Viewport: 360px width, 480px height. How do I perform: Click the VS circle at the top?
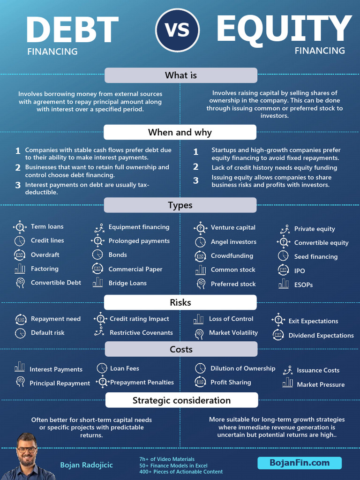click(178, 30)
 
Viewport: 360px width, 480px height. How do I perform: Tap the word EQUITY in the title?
click(284, 28)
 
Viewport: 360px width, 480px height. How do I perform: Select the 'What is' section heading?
click(180, 75)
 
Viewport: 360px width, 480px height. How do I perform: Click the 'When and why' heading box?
click(180, 132)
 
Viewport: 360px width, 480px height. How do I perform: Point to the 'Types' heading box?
click(180, 205)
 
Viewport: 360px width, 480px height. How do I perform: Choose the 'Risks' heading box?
click(180, 302)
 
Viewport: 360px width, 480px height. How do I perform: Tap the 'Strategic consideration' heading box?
click(181, 400)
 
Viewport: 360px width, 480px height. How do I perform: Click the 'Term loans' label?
click(47, 226)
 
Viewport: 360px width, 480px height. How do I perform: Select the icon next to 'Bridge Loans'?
click(97, 282)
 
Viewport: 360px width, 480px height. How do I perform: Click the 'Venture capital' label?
click(233, 227)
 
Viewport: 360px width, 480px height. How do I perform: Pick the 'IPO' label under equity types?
click(300, 270)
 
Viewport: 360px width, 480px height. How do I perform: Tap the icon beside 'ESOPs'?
click(284, 284)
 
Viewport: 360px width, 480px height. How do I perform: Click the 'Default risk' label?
click(48, 333)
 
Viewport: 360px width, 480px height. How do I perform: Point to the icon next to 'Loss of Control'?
click(199, 319)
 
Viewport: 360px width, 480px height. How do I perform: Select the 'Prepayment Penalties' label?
click(142, 382)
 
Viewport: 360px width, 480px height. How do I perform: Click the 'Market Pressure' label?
click(321, 384)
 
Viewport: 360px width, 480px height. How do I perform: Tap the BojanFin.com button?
click(300, 463)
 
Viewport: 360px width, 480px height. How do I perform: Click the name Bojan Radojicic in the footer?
click(86, 465)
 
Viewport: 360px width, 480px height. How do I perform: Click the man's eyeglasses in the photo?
click(27, 450)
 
